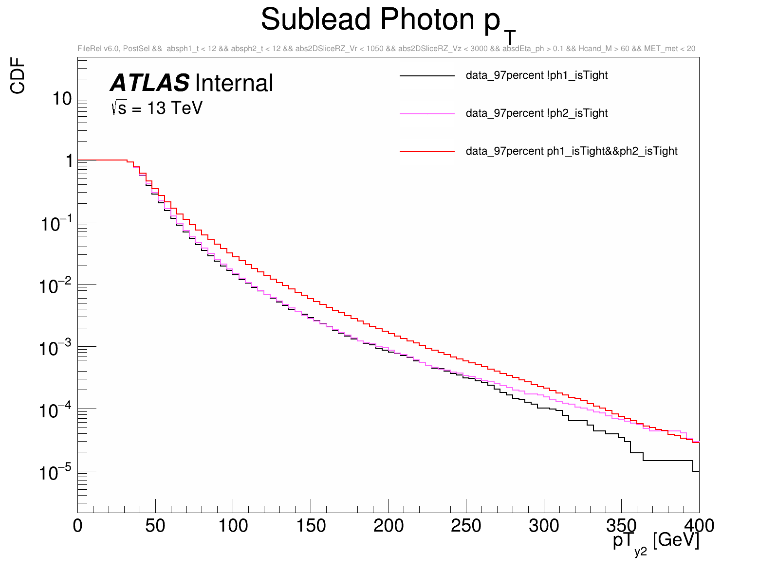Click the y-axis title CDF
[x=18, y=75]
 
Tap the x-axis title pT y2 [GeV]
[x=656, y=541]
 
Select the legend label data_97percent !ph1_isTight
[x=536, y=75]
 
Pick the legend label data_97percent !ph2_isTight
[x=536, y=113]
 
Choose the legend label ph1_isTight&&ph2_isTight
[x=572, y=151]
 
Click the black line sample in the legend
[x=427, y=76]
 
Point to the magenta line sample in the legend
[x=427, y=114]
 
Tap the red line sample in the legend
[x=427, y=152]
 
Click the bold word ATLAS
[x=150, y=83]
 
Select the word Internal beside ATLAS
[x=234, y=83]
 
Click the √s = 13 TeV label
[x=157, y=108]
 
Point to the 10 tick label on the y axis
[x=62, y=99]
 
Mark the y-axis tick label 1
[x=69, y=160]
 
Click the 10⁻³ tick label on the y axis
[x=55, y=348]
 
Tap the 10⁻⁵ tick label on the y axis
[x=55, y=472]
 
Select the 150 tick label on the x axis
[x=311, y=526]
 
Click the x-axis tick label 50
[x=155, y=526]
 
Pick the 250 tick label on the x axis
[x=466, y=526]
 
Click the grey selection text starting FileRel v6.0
[x=386, y=49]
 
